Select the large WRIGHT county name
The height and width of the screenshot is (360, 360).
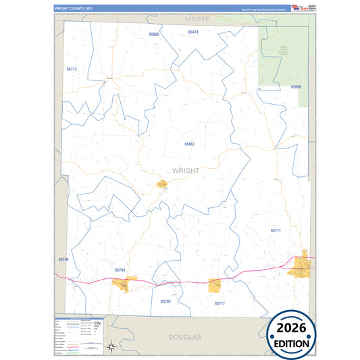pyautogui.click(x=186, y=171)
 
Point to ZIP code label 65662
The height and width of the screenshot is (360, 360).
pyautogui.click(x=155, y=34)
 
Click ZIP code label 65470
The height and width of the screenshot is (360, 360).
pyautogui.click(x=194, y=32)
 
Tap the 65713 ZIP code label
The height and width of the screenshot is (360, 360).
pyautogui.click(x=72, y=70)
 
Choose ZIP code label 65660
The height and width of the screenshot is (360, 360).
pyautogui.click(x=296, y=87)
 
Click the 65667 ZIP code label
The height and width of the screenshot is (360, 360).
pyautogui.click(x=190, y=144)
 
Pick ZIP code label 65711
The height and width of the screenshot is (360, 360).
pyautogui.click(x=275, y=230)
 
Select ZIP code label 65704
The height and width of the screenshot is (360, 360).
pyautogui.click(x=120, y=269)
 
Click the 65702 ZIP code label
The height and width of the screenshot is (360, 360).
pyautogui.click(x=166, y=301)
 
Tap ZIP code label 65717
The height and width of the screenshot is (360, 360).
pyautogui.click(x=220, y=303)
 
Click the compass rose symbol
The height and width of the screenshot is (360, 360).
pyautogui.click(x=113, y=347)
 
